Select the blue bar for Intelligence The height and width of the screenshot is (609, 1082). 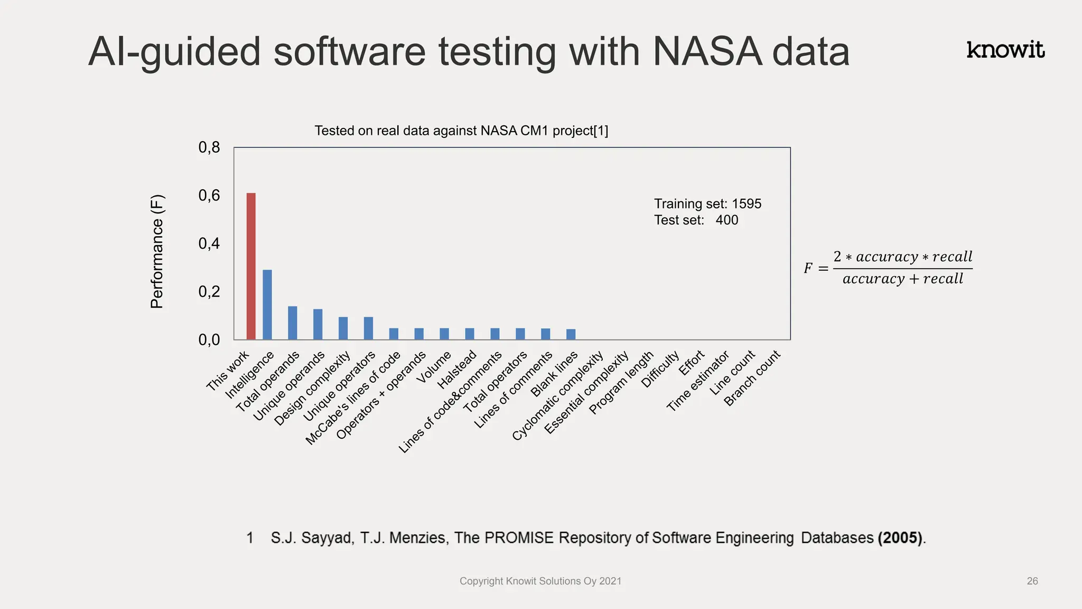[x=267, y=304]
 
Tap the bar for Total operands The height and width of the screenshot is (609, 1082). [x=292, y=322]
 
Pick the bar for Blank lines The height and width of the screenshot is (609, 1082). [x=571, y=334]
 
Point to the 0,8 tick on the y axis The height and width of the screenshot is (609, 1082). [x=209, y=147]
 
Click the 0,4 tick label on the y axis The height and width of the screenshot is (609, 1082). [x=209, y=244]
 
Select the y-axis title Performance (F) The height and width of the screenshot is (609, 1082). [x=157, y=252]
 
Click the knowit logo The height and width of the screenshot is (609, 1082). [x=1005, y=50]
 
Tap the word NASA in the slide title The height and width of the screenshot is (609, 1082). [x=707, y=52]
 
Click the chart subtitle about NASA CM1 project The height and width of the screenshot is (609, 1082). [x=461, y=131]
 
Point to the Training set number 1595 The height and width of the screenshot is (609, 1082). [x=747, y=204]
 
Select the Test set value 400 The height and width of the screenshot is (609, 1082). [x=727, y=220]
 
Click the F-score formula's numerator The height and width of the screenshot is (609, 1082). [x=902, y=257]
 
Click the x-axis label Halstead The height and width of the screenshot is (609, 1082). [x=458, y=369]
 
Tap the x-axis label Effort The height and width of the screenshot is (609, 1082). [x=692, y=363]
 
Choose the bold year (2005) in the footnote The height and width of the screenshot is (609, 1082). [x=900, y=538]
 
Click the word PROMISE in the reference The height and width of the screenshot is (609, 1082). [x=519, y=538]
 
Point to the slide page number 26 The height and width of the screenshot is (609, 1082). [x=1032, y=581]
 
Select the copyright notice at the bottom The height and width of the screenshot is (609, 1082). [x=540, y=581]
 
